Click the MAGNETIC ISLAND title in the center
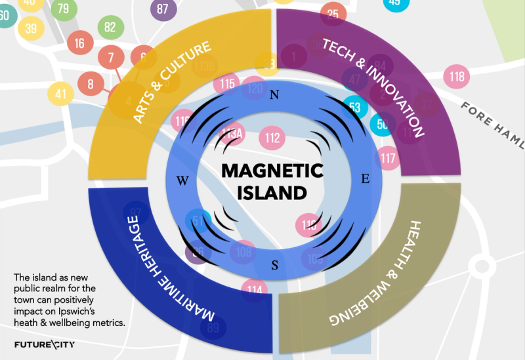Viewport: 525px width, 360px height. (272, 182)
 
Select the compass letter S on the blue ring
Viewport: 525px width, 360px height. (275, 266)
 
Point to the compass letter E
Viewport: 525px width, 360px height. (366, 178)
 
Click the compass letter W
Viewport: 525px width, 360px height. (183, 180)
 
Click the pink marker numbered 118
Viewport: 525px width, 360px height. (457, 77)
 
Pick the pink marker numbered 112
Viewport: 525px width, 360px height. (272, 138)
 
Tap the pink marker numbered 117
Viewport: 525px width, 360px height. (388, 157)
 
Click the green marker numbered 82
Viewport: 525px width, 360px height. (110, 28)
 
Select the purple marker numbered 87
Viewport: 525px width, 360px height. (163, 9)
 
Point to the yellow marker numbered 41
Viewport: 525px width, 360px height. (61, 94)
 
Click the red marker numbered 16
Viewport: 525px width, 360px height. (80, 44)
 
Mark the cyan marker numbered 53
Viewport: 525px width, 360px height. (355, 107)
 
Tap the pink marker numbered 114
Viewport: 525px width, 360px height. (255, 289)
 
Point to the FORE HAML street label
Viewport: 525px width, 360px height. (493, 118)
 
